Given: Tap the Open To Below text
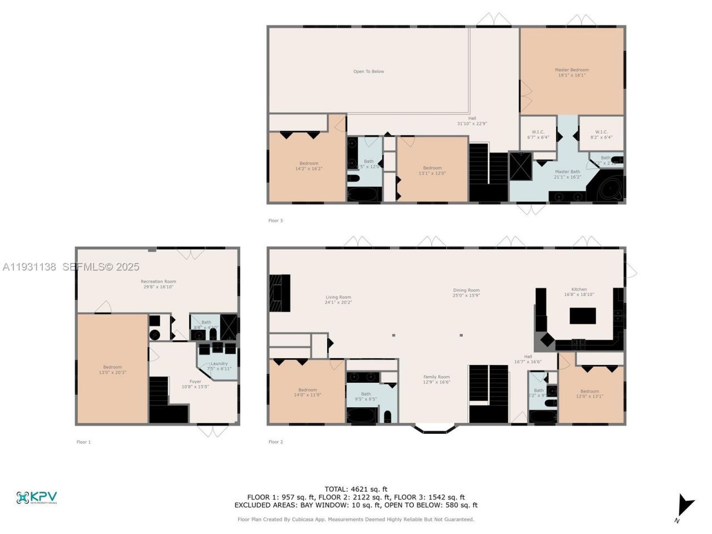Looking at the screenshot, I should pos(369,71).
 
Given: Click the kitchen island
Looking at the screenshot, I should pos(582,315).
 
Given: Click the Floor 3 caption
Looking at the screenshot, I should pos(275,221).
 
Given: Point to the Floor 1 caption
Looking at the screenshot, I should pos(83,442).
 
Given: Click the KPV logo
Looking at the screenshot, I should pos(37,497).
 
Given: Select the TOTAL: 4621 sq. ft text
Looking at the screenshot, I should pos(356,489).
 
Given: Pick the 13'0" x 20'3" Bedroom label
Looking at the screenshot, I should pos(112,369).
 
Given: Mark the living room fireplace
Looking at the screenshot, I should pos(279,293).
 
